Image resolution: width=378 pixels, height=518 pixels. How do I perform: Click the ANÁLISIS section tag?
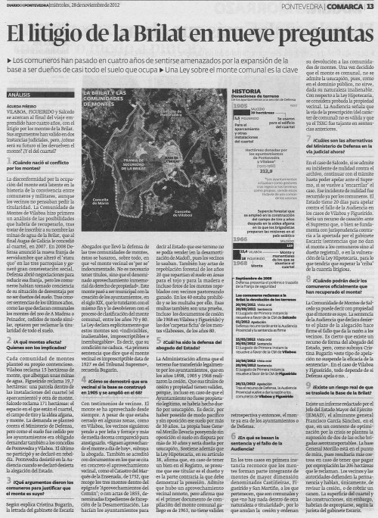pyautogui.click(x=19, y=94)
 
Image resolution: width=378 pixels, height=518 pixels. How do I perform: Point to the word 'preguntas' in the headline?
pyautogui.click(x=326, y=33)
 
